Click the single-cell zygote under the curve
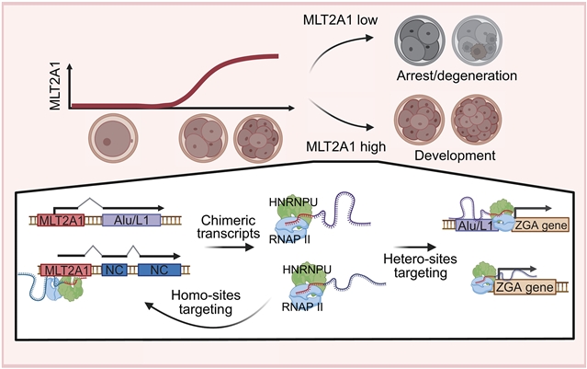point(112,135)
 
